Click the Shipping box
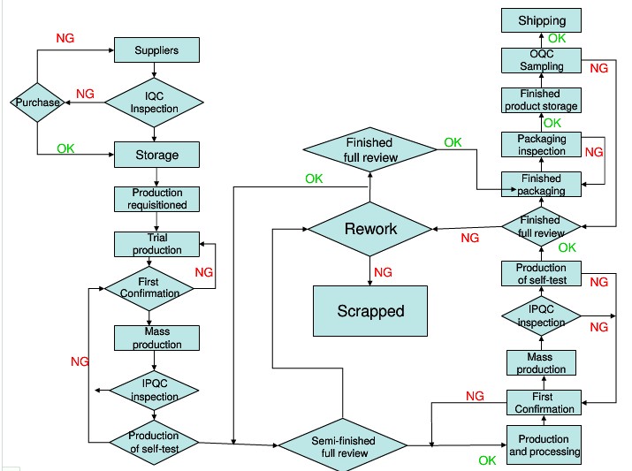(x=541, y=20)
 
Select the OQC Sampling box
(x=541, y=60)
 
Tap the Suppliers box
(x=156, y=50)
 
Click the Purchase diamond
(x=37, y=103)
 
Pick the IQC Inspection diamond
(x=154, y=103)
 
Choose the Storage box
(x=156, y=155)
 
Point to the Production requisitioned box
(x=156, y=199)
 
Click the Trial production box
(x=156, y=244)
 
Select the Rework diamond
(x=370, y=229)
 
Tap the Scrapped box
(x=370, y=311)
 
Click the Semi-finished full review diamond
(x=343, y=445)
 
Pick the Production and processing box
(x=544, y=444)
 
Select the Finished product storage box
(x=541, y=100)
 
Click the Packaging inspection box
(x=541, y=144)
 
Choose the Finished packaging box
(x=541, y=184)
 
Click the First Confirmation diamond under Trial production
(x=149, y=288)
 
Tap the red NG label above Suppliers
(x=65, y=38)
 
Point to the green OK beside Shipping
(x=557, y=38)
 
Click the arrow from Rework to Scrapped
(x=370, y=270)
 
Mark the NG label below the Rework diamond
(x=383, y=272)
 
